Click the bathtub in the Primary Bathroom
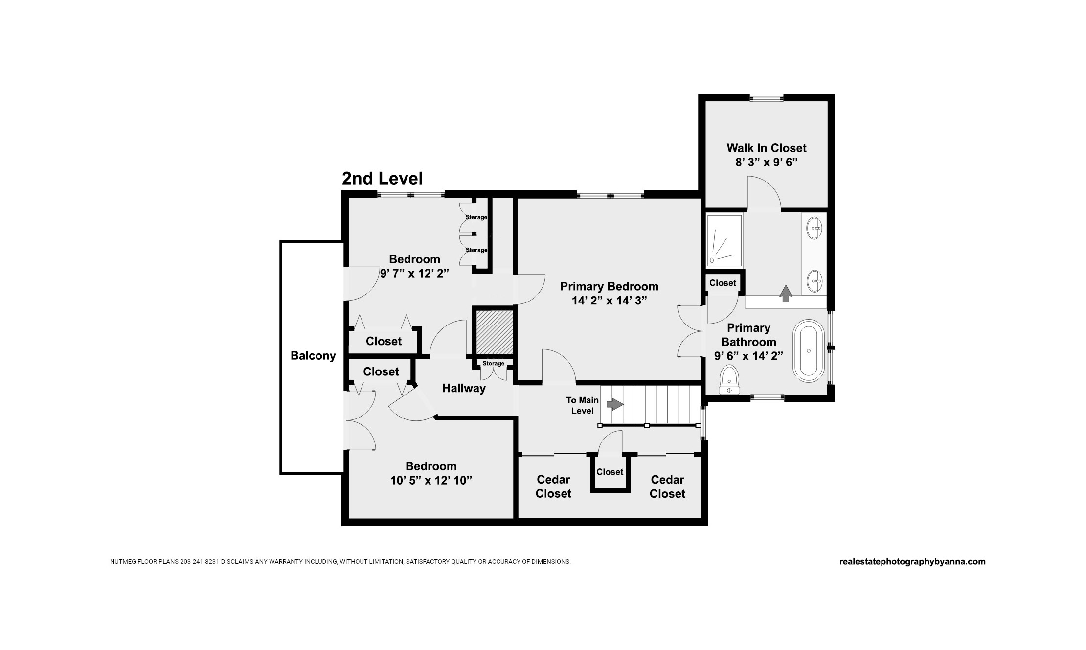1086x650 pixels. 809,350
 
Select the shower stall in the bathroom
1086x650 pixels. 724,240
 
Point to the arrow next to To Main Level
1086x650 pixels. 615,404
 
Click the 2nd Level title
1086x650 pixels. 382,179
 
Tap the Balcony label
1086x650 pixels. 313,356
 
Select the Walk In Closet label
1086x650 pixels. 767,148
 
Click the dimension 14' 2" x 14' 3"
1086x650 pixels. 610,301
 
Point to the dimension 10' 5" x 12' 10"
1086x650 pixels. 431,480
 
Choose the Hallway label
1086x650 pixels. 464,388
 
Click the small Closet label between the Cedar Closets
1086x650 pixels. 610,472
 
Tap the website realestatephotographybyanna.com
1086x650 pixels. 912,562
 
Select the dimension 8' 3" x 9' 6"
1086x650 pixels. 767,162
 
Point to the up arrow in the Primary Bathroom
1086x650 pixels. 786,293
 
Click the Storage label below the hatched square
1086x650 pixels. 493,364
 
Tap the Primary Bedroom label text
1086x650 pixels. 610,286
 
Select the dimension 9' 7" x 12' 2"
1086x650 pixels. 415,273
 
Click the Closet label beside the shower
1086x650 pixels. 723,283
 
